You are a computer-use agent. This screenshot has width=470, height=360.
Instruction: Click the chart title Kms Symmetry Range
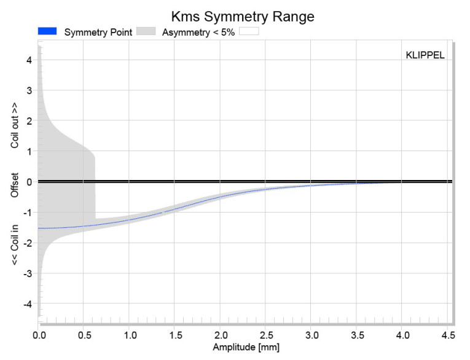[243, 17]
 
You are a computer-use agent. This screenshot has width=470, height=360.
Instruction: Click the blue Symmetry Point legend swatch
[47, 31]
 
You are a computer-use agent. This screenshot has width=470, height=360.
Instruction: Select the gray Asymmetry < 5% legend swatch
[146, 31]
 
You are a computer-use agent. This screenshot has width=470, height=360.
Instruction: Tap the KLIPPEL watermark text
[425, 55]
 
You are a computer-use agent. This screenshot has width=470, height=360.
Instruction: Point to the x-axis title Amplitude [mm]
[246, 347]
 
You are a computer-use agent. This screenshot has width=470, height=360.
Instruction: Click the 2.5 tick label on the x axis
[266, 335]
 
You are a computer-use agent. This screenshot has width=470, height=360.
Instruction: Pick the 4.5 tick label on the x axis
[448, 335]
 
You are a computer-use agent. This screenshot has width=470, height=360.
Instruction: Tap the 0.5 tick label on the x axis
[85, 335]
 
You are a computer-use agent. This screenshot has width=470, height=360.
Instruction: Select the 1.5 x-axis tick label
[175, 335]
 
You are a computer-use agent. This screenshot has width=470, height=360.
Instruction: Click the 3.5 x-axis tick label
[358, 335]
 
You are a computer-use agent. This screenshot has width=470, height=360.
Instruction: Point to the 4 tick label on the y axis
[29, 60]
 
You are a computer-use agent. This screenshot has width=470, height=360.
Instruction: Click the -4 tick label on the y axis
[28, 304]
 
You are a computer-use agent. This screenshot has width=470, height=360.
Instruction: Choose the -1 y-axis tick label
[28, 212]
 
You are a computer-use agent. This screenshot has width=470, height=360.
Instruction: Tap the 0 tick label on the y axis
[29, 182]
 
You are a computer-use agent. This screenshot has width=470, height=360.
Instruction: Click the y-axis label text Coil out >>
[14, 125]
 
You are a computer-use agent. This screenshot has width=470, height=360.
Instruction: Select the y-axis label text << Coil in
[14, 245]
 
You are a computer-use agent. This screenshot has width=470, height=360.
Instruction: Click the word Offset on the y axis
[14, 185]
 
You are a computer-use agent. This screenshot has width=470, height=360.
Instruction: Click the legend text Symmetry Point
[98, 32]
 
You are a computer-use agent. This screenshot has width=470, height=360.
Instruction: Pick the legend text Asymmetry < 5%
[198, 32]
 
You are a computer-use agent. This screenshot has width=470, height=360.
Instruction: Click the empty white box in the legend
[249, 31]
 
